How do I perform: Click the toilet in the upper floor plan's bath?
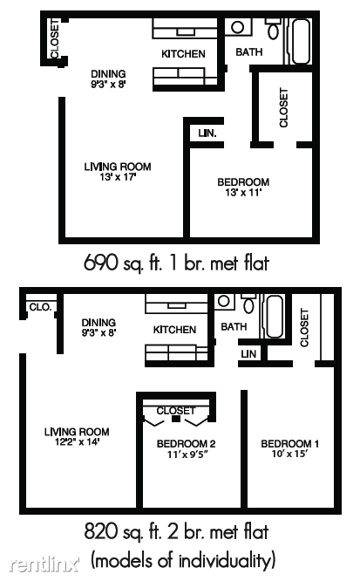point(274,29)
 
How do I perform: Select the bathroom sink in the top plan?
point(237,27)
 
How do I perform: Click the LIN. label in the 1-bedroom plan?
point(207,133)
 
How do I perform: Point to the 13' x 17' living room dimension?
point(118,177)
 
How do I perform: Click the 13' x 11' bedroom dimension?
point(243,192)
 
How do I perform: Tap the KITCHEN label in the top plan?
point(183,54)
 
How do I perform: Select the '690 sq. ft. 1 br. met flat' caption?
point(176,263)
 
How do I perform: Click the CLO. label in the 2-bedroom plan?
point(40,307)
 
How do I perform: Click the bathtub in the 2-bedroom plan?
point(275,316)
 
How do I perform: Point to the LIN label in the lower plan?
point(248,354)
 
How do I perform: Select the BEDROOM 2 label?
point(186,443)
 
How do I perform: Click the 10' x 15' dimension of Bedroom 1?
point(289,454)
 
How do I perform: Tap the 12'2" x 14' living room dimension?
point(77,442)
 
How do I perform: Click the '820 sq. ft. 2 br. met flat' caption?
point(176,532)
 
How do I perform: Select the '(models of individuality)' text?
point(183,561)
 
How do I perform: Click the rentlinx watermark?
point(44,564)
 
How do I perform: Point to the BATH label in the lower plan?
point(234,327)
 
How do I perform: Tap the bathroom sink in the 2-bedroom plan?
point(224,301)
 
